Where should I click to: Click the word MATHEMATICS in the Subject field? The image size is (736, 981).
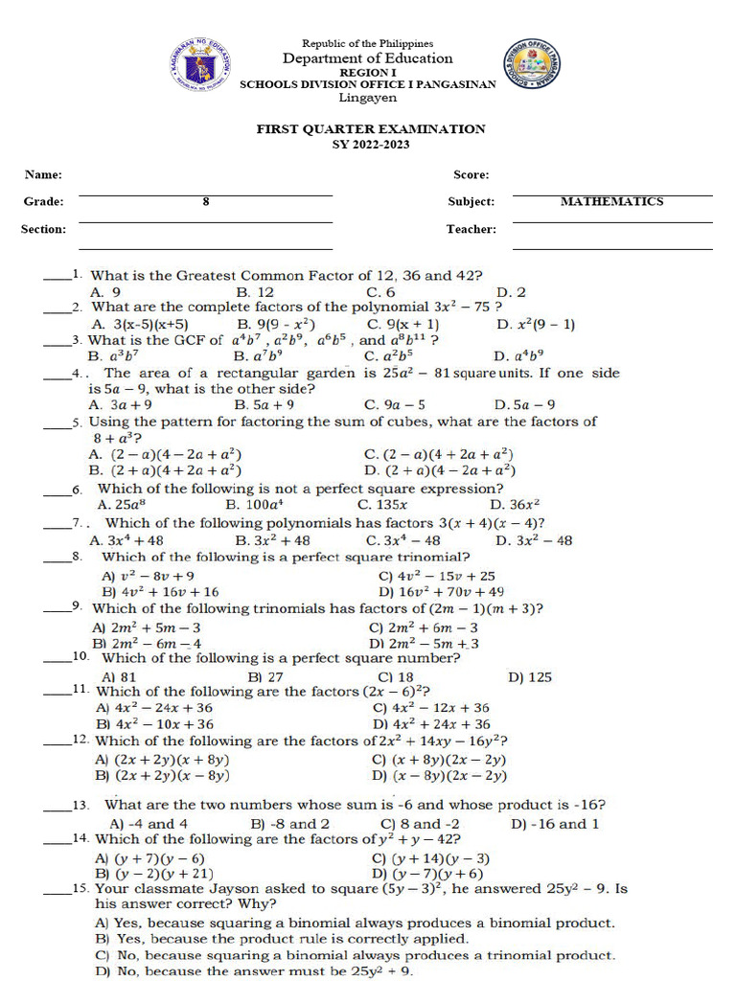611,201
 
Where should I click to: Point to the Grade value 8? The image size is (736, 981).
205,201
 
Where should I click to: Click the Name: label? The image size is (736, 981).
43,174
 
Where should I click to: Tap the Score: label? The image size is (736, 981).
471,174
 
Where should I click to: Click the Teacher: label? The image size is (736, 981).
471,229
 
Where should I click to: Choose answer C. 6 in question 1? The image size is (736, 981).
380,291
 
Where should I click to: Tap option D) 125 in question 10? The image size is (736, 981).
530,676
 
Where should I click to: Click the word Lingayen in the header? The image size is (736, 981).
367,97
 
